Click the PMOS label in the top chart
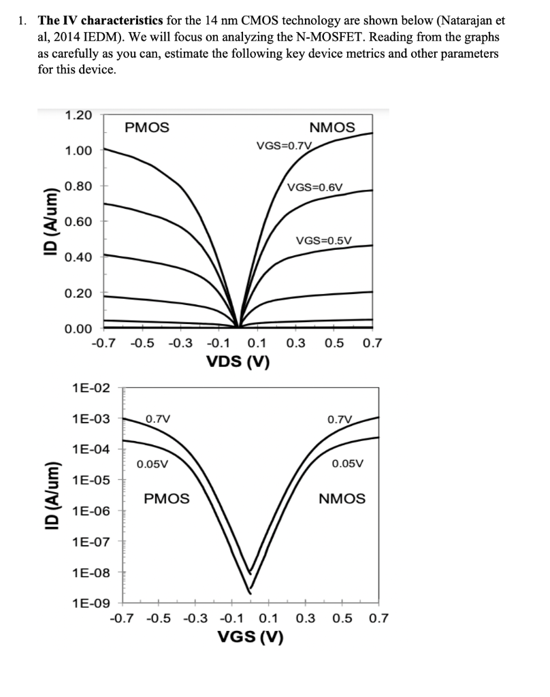(x=147, y=127)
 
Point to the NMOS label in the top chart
(x=331, y=127)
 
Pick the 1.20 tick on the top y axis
(x=79, y=115)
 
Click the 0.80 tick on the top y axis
(x=79, y=186)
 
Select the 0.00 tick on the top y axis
(x=79, y=329)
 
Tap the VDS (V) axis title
(x=238, y=361)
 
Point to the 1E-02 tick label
(x=90, y=388)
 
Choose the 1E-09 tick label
(x=90, y=603)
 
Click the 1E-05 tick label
(x=90, y=481)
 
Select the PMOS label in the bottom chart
(x=167, y=498)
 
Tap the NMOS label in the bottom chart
(x=342, y=498)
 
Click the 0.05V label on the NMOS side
(x=347, y=464)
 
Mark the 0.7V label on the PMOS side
(x=158, y=419)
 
